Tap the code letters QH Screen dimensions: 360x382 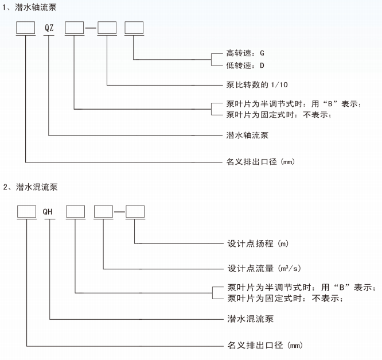[x=50, y=212]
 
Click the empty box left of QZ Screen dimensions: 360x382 [x=26, y=27]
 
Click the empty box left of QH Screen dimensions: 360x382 [x=26, y=212]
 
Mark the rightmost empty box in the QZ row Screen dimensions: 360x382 [x=134, y=27]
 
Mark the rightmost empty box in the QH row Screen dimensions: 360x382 [x=135, y=212]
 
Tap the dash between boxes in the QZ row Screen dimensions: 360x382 [x=91, y=28]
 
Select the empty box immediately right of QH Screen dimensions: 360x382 [x=76, y=212]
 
